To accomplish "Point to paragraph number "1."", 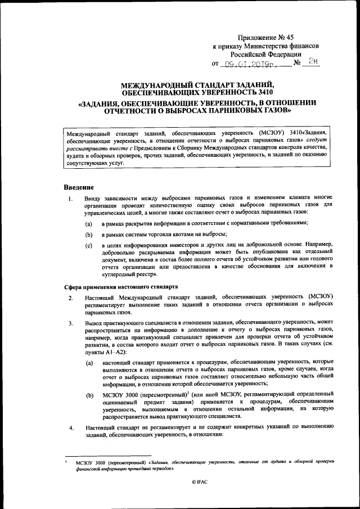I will pos(69,198).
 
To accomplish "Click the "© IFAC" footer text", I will pos(200,482).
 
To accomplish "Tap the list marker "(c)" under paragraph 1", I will pos(88,245).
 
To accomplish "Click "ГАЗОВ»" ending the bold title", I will pos(276,111).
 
